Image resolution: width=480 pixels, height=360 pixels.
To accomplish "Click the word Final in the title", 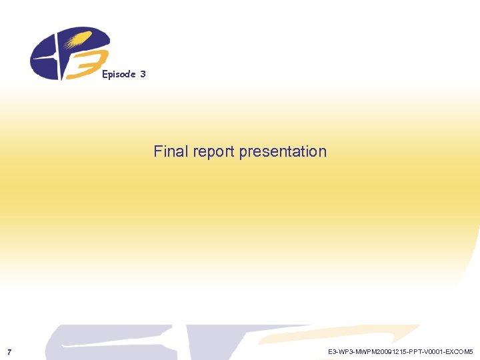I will [x=171, y=151].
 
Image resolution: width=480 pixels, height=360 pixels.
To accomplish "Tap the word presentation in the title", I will [x=283, y=152].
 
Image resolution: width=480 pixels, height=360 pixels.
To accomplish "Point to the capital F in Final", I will [x=158, y=151].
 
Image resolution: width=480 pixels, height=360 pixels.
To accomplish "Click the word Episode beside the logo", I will [x=119, y=74].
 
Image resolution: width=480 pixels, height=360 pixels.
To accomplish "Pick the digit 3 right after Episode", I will [x=143, y=74].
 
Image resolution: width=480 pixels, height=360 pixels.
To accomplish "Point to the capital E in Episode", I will [x=105, y=74].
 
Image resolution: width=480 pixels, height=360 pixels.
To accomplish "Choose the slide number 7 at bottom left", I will [x=9, y=351].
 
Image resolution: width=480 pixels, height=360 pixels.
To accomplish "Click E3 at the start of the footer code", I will [x=332, y=351].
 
